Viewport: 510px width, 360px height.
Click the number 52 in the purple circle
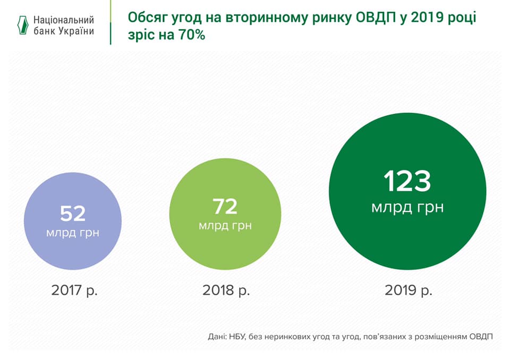pyautogui.click(x=73, y=213)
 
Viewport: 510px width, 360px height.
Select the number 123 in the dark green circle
pyautogui.click(x=407, y=181)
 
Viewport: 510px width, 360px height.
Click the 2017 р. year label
pyautogui.click(x=75, y=290)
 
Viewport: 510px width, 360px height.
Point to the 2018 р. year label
pyautogui.click(x=226, y=290)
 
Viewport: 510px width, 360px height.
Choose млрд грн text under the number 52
pyautogui.click(x=73, y=232)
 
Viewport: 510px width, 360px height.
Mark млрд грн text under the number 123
pyautogui.click(x=407, y=207)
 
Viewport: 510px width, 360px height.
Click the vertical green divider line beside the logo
pyautogui.click(x=110, y=22)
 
